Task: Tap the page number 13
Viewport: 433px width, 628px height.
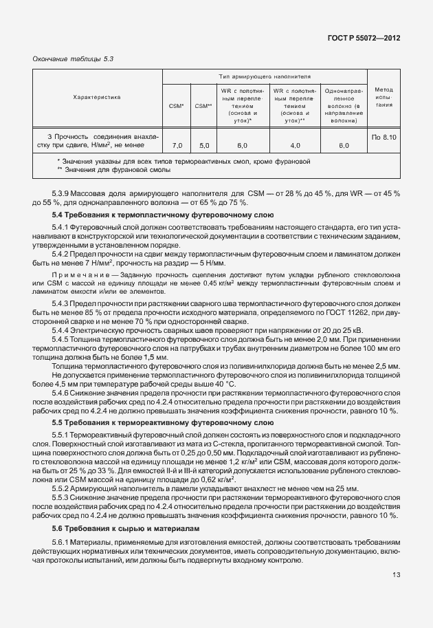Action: pos(396,594)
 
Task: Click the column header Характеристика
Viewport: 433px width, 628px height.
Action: pos(97,97)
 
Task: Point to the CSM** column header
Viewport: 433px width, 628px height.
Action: pos(203,105)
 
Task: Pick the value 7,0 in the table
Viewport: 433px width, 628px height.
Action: pos(177,146)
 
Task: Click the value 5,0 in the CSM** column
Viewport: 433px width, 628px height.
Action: pos(203,146)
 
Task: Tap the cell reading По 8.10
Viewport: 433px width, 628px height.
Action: pos(384,137)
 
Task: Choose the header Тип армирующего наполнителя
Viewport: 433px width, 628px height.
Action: pos(265,76)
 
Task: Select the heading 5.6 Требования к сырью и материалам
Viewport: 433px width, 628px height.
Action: pos(124,528)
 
